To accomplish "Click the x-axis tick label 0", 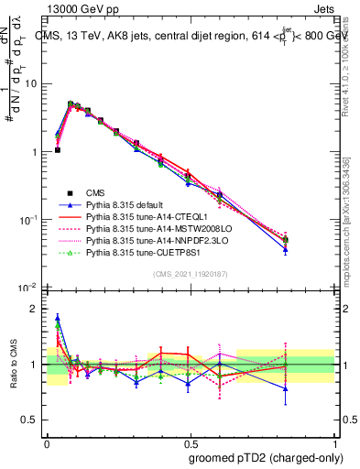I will pos(47,442).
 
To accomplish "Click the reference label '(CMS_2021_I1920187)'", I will pos(190,274).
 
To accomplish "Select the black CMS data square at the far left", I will pos(58,149).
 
